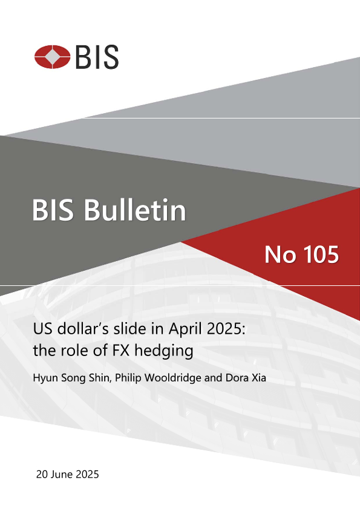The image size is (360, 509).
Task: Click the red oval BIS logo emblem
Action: click(x=52, y=57)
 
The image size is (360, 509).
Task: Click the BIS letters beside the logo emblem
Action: click(x=97, y=57)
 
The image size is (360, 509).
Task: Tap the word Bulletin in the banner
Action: click(x=135, y=210)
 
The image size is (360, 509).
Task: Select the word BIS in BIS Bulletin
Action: click(x=53, y=210)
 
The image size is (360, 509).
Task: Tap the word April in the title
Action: click(x=183, y=329)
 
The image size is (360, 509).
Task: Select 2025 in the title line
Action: click(x=223, y=329)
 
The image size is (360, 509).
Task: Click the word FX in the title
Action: click(x=121, y=350)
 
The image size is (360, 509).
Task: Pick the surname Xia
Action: click(x=259, y=378)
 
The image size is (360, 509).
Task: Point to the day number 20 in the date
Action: click(x=42, y=475)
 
